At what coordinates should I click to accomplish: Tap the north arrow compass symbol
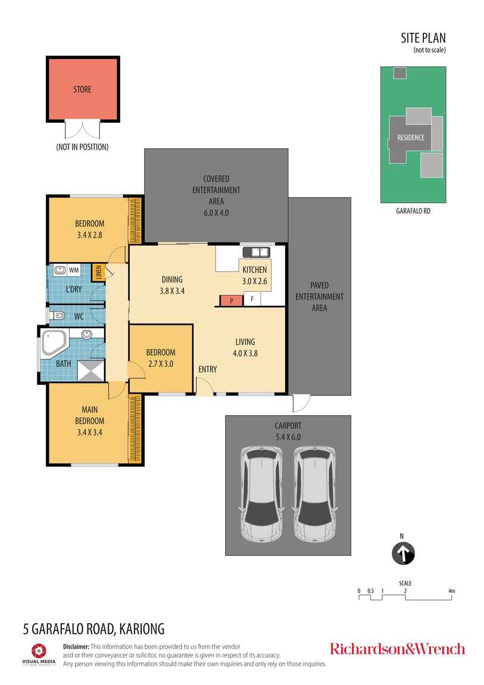[403, 554]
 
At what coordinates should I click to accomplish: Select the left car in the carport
[261, 493]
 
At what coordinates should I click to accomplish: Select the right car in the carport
[314, 493]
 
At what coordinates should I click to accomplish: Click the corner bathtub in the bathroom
[54, 344]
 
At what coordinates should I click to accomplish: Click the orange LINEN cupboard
[98, 272]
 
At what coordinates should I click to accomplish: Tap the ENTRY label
[208, 369]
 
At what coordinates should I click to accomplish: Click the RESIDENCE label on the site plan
[411, 138]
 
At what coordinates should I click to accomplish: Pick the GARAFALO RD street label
[413, 211]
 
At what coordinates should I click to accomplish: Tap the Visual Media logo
[39, 653]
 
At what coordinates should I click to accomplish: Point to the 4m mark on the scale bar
[452, 591]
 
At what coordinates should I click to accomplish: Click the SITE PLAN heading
[423, 39]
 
